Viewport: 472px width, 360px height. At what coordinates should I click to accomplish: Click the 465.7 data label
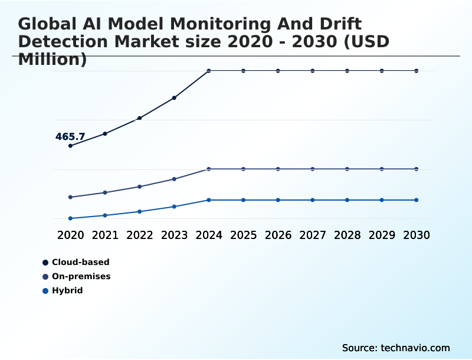(70, 137)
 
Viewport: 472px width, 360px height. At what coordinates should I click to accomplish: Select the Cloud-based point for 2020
(71, 146)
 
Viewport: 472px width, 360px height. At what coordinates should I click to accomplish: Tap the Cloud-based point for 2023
(174, 98)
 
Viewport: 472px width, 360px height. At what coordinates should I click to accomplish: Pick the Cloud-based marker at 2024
(209, 71)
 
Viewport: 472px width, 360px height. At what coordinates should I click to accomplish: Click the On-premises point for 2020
(71, 197)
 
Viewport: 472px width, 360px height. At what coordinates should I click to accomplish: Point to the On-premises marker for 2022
(140, 186)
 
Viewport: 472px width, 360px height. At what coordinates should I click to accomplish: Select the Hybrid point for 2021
(105, 215)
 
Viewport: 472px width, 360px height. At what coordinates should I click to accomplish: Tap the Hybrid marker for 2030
(417, 200)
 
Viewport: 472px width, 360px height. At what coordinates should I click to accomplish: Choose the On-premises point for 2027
(313, 169)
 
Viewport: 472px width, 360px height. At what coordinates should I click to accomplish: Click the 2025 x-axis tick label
(243, 235)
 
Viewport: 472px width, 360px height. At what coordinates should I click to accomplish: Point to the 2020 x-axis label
(71, 235)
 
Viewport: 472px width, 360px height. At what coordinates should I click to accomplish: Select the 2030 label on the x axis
(417, 235)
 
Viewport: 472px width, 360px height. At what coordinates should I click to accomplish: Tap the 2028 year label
(347, 235)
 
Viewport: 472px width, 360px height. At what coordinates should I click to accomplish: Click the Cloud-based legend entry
(80, 262)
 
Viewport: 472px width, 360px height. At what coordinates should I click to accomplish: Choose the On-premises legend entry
(81, 276)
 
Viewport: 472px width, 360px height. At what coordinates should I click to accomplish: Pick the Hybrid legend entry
(67, 290)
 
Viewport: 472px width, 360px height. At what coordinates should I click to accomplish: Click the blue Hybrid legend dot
(45, 290)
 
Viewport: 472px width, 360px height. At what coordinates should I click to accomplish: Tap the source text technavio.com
(396, 348)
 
